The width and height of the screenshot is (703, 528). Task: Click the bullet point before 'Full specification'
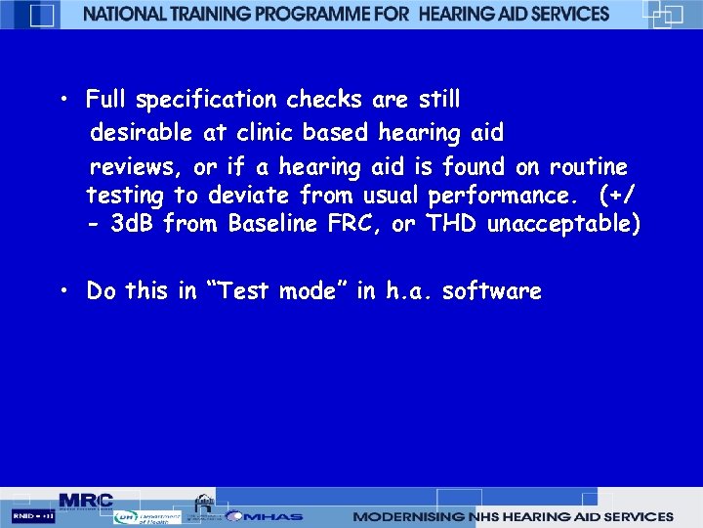pyautogui.click(x=62, y=101)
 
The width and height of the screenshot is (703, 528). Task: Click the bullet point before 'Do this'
pyautogui.click(x=62, y=291)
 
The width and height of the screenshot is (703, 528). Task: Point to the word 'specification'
pyautogui.click(x=209, y=100)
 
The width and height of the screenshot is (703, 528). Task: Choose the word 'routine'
pyautogui.click(x=589, y=166)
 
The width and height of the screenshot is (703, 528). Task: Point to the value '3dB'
pyautogui.click(x=133, y=225)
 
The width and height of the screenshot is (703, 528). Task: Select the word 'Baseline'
pyautogui.click(x=272, y=225)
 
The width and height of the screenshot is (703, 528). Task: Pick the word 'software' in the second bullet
pyautogui.click(x=491, y=291)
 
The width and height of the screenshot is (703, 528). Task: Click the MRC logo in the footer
pyautogui.click(x=86, y=499)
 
